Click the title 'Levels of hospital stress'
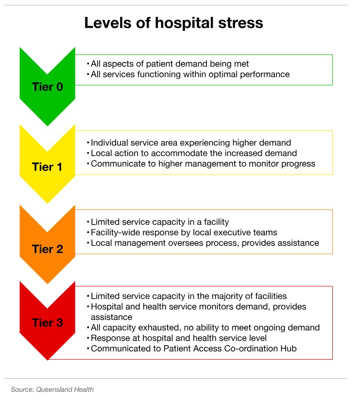[x=173, y=23]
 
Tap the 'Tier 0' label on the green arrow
[x=48, y=87]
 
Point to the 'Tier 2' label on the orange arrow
[x=48, y=249]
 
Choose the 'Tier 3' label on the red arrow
[x=48, y=323]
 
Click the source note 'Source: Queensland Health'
[x=52, y=389]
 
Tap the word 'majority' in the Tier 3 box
[x=227, y=297]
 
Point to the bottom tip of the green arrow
[x=48, y=126]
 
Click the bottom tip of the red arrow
[x=48, y=360]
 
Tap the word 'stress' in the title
[x=241, y=23]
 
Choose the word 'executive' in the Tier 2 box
[x=232, y=232]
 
